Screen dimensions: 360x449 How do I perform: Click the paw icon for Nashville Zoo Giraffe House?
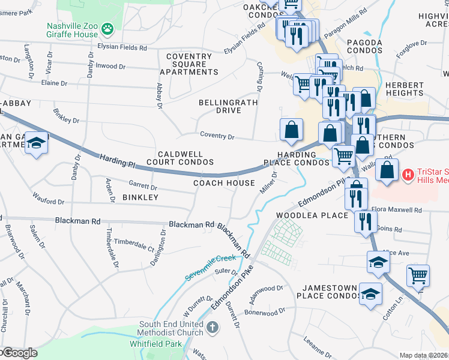tap(107, 28)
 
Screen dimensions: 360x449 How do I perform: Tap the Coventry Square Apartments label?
tap(192, 64)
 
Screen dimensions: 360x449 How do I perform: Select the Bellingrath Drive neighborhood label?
tap(228, 106)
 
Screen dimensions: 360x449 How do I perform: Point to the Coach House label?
tap(224, 183)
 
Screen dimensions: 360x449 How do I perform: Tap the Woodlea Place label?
tap(312, 215)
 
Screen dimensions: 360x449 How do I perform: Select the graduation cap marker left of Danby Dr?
tap(36, 144)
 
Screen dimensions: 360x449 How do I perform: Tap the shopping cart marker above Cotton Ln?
tap(418, 275)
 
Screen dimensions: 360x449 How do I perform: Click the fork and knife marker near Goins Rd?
tap(365, 221)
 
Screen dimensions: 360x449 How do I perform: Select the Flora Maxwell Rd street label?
tap(396, 211)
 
